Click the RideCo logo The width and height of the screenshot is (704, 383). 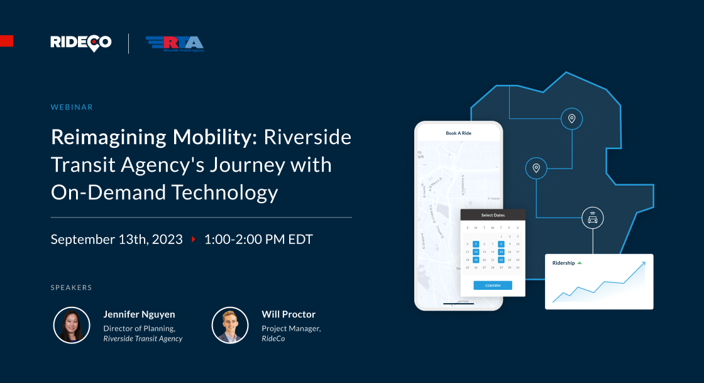coord(81,43)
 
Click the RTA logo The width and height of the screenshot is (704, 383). coord(175,43)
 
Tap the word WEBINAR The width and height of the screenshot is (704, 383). coord(72,107)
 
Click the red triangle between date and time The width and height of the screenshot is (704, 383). coord(194,240)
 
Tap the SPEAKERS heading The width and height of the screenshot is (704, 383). coord(71,287)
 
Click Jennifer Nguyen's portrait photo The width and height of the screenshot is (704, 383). coord(72,325)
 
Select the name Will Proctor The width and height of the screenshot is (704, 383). coord(289,314)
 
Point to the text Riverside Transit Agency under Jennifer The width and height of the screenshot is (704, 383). coord(143,338)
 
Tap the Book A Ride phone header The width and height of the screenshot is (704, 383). coord(458,133)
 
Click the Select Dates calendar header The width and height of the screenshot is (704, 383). coord(493,215)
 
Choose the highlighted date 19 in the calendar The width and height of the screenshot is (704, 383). coord(476,260)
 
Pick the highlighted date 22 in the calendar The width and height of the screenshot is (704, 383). coord(501,260)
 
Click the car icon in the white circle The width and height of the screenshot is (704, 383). coord(592,218)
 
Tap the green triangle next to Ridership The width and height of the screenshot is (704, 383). coord(580,263)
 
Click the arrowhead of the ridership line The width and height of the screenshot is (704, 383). coord(643,264)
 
